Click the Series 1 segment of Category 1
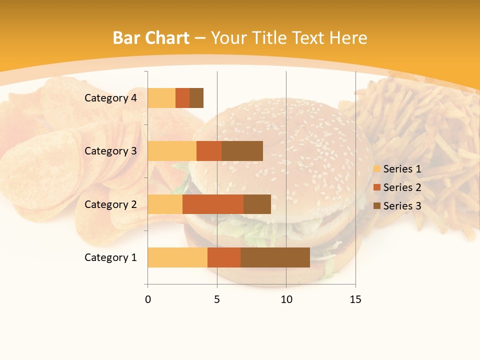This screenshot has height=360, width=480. point(177,257)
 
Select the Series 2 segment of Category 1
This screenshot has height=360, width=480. point(224,257)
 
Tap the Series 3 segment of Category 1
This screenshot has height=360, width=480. point(275,257)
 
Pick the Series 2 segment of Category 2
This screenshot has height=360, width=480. point(213,204)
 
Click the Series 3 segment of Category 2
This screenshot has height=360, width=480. point(257,204)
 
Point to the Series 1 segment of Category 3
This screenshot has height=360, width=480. point(172,151)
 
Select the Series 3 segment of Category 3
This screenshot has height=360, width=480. point(242,151)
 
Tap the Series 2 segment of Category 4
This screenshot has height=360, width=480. point(182,98)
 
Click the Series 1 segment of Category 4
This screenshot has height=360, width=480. point(161,98)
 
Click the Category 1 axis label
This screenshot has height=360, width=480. point(110,257)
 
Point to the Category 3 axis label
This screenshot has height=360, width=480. point(110,151)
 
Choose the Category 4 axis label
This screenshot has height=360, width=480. point(110,98)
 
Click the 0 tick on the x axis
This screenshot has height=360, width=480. point(148,299)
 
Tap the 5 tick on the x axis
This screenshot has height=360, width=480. point(217,299)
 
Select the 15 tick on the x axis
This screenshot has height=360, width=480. point(355,299)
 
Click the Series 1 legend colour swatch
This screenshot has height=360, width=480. point(376,169)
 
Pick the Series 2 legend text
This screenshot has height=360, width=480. point(402,187)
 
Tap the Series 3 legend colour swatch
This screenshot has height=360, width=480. point(376,206)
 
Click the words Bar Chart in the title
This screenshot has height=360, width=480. point(151,37)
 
